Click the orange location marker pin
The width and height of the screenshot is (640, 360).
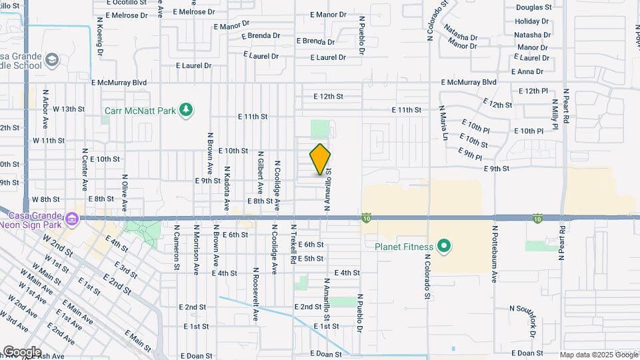(320, 159)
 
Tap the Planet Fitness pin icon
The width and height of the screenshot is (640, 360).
(444, 247)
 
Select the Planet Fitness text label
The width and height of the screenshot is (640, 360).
(403, 247)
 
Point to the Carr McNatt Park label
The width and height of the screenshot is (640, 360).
(140, 111)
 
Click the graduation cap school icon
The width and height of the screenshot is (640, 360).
(52, 61)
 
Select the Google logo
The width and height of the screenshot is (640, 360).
(21, 352)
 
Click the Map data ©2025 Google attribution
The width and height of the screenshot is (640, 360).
(599, 355)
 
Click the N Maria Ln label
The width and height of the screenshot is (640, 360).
(443, 123)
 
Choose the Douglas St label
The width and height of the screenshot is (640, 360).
(533, 8)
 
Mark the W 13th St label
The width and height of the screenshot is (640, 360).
(69, 109)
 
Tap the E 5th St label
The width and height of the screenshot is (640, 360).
(311, 259)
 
